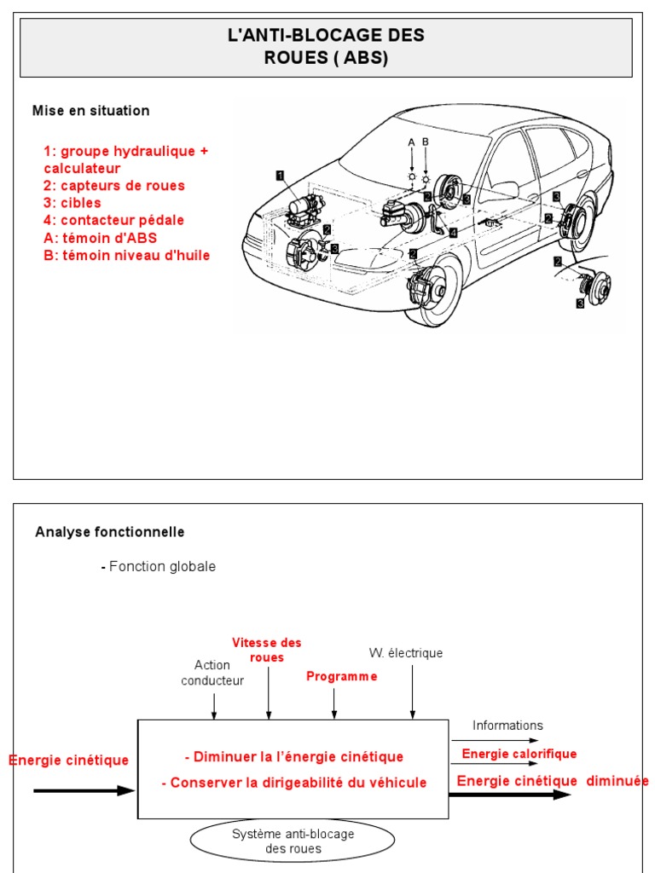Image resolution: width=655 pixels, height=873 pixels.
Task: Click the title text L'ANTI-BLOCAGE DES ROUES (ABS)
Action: tap(326, 47)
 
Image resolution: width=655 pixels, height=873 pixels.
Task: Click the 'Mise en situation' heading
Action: tap(90, 111)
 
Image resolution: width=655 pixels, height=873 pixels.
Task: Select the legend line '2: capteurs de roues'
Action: tap(114, 186)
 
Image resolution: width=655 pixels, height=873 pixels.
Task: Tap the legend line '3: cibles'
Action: tap(72, 203)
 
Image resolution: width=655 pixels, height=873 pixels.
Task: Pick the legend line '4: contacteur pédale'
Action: tap(114, 220)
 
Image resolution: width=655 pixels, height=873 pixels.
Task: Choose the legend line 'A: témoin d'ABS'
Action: tap(101, 238)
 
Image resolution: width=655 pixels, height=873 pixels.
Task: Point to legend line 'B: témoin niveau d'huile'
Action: tap(127, 255)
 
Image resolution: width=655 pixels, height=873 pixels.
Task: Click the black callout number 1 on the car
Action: tap(280, 175)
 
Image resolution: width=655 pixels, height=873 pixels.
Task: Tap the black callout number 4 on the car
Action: tap(453, 232)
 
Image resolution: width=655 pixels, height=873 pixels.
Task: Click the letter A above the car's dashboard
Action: tap(411, 142)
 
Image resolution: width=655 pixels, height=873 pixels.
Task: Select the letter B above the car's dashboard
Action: tap(426, 142)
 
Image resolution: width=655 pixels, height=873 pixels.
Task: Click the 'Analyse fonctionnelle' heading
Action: tap(110, 532)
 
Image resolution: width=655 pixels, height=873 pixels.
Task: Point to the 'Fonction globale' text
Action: tap(162, 567)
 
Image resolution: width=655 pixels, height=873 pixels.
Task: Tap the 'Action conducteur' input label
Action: tap(212, 673)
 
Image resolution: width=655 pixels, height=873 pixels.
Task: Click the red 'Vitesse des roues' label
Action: tap(267, 650)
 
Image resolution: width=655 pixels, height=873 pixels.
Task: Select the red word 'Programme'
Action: tap(341, 676)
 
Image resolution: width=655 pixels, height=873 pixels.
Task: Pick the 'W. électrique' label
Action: tap(406, 653)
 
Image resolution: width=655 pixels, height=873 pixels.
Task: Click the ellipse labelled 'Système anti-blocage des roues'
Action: tap(293, 841)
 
